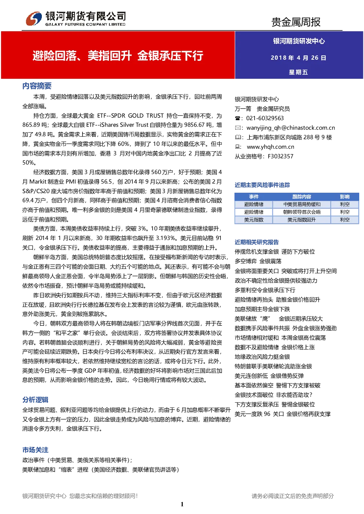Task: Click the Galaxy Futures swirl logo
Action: click(34, 19)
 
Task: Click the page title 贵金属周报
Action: click(296, 22)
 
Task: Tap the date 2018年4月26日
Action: click(298, 58)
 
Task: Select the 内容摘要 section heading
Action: click(37, 86)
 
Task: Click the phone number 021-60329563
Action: click(265, 118)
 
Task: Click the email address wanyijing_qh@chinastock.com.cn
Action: click(291, 128)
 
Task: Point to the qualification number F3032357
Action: click(280, 156)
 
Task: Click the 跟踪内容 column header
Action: click(302, 197)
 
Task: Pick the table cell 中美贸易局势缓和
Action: click(302, 204)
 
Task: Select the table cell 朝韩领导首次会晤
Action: click(302, 212)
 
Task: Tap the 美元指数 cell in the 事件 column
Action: click(254, 220)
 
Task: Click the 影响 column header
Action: click(345, 197)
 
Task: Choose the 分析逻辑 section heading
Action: click(35, 400)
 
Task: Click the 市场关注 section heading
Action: click(35, 450)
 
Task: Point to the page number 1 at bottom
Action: click(182, 504)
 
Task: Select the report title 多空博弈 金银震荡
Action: click(258, 261)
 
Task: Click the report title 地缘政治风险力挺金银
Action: click(262, 357)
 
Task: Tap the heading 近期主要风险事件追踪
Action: click(262, 185)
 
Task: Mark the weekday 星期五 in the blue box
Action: click(298, 72)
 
